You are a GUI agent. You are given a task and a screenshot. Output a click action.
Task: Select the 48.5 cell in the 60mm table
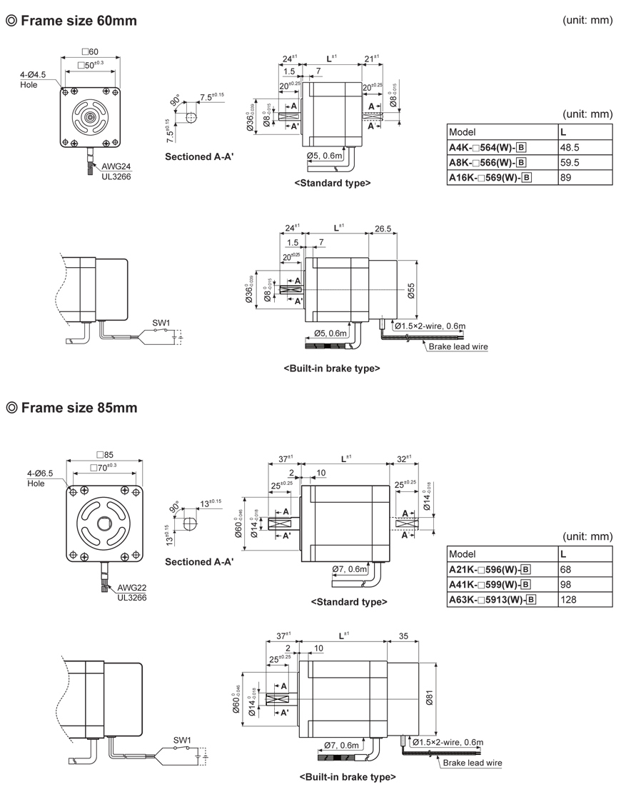[570, 148]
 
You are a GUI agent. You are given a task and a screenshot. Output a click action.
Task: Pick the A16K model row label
[493, 178]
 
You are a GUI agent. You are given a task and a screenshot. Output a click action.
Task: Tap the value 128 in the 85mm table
[570, 600]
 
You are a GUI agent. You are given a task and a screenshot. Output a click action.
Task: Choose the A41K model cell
[493, 585]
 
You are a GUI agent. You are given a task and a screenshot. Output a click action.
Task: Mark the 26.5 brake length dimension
[382, 229]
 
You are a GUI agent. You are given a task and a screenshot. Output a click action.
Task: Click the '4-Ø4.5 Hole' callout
[34, 80]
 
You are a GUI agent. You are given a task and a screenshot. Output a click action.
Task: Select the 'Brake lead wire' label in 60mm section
[458, 347]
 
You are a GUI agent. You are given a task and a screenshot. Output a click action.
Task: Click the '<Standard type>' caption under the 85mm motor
[349, 602]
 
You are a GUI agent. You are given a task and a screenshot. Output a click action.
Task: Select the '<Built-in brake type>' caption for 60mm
[332, 369]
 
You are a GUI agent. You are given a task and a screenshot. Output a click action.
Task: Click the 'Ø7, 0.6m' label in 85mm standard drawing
[349, 569]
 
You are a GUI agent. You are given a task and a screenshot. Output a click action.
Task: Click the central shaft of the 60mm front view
[90, 116]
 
